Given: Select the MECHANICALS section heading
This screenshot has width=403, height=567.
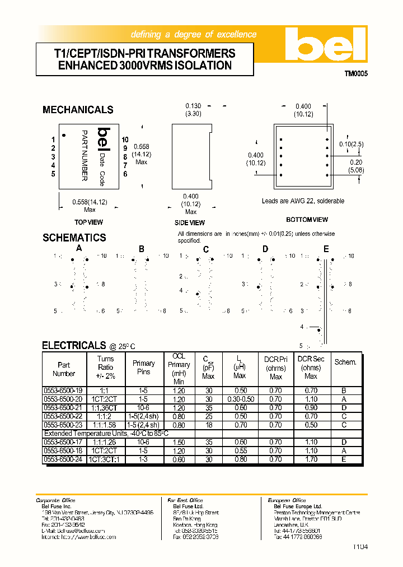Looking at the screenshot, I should coord(78,110).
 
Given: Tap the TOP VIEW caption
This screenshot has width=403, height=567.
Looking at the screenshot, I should coord(88,222).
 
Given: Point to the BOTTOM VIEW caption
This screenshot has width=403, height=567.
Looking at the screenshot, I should coord(307,220).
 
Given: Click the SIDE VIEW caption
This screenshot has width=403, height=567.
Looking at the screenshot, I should coord(190,222).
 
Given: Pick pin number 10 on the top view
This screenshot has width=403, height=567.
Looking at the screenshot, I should coord(125,140).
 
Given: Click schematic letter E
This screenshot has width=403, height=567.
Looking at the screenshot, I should coord(326,249).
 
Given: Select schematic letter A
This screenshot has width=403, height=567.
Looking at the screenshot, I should coord(79,248).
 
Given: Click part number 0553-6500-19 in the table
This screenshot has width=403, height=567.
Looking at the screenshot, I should coord(63,391).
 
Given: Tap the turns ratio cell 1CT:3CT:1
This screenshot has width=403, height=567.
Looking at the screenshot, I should coord(105,459).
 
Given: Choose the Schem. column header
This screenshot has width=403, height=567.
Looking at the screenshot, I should coord(345,362).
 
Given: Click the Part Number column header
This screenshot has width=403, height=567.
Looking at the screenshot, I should coord(64,369).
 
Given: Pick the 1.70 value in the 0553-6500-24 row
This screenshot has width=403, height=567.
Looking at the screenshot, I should coord(311,459).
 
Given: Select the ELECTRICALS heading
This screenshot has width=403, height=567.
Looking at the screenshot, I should coord(74,346).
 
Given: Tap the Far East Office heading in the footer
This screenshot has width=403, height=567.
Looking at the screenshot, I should coord(185,500).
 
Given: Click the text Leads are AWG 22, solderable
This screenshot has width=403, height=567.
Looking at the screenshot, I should coord(303,201).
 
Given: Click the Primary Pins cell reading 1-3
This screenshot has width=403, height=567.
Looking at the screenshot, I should coord(143,459).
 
